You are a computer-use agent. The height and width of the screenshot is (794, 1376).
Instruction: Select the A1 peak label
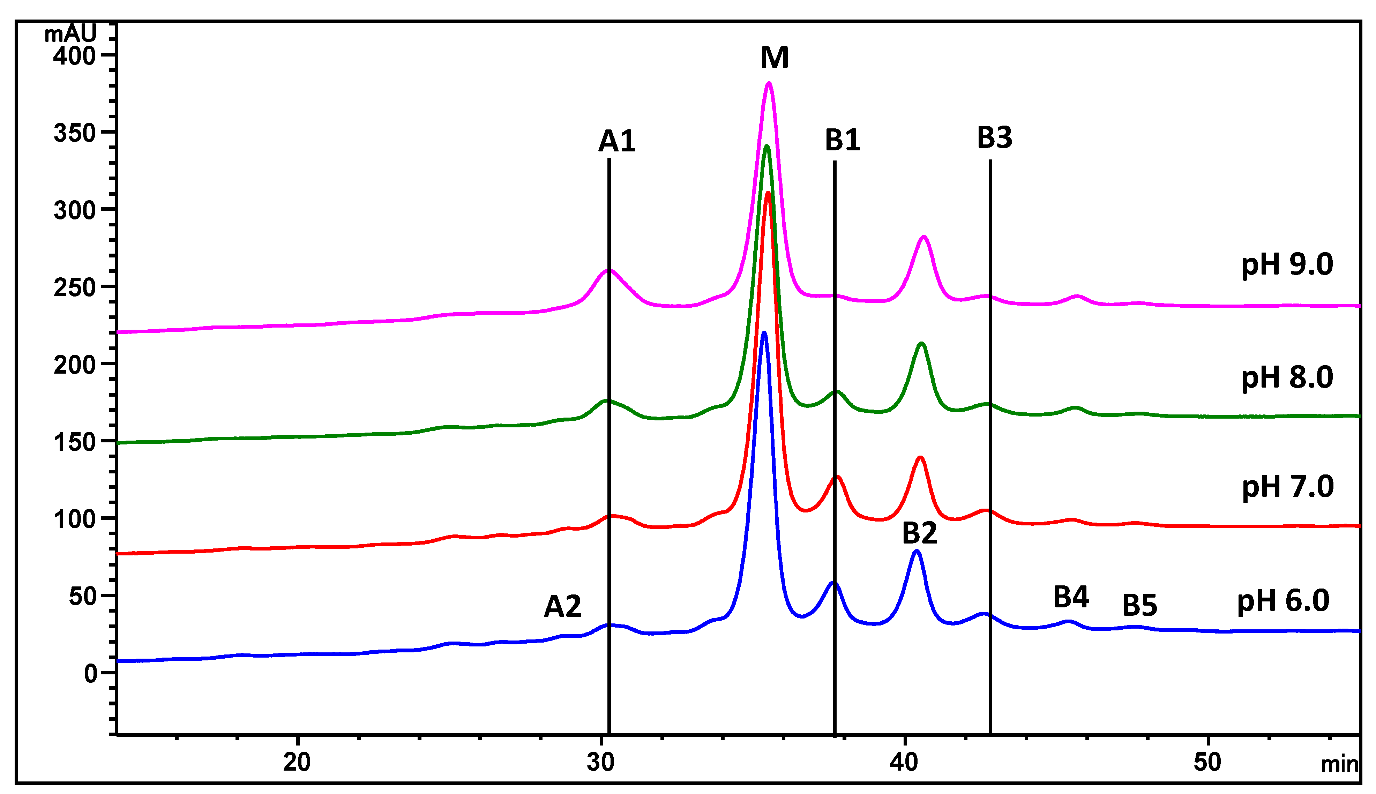pyautogui.click(x=617, y=141)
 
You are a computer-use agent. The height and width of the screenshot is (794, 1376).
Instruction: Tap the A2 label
pyautogui.click(x=562, y=606)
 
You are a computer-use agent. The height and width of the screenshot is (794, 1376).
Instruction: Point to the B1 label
pyautogui.click(x=842, y=140)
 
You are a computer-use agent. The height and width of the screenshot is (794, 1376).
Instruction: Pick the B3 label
pyautogui.click(x=994, y=137)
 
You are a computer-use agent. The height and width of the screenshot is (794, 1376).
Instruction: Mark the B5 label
pyautogui.click(x=1140, y=605)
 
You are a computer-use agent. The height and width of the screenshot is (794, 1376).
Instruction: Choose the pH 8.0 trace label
pyautogui.click(x=1287, y=377)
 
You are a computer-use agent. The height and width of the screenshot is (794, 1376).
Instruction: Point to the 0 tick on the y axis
pyautogui.click(x=90, y=674)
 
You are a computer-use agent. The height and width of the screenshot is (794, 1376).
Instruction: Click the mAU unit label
pyautogui.click(x=70, y=34)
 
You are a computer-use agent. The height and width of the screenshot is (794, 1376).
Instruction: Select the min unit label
pyautogui.click(x=1339, y=765)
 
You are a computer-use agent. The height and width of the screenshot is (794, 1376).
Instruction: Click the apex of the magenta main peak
pyautogui.click(x=769, y=83)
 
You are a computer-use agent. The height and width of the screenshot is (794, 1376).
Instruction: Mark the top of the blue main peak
pyautogui.click(x=764, y=333)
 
